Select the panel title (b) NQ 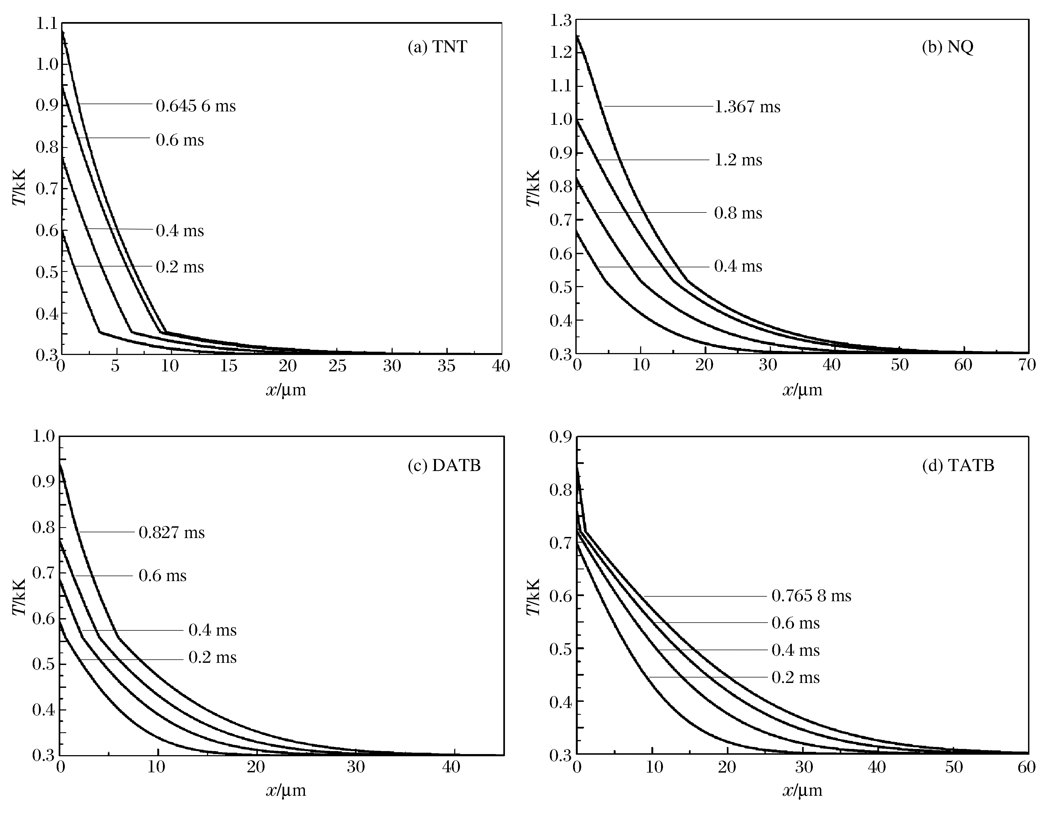pyautogui.click(x=948, y=47)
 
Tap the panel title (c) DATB pyautogui.click(x=444, y=465)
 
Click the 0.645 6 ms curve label pyautogui.click(x=196, y=106)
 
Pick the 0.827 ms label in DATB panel pyautogui.click(x=171, y=532)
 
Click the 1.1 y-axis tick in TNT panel pyautogui.click(x=47, y=23)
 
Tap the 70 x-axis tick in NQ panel pyautogui.click(x=1027, y=366)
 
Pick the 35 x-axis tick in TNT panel pyautogui.click(x=447, y=366)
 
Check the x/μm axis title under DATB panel pyautogui.click(x=286, y=790)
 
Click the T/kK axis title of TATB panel pyautogui.click(x=534, y=597)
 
